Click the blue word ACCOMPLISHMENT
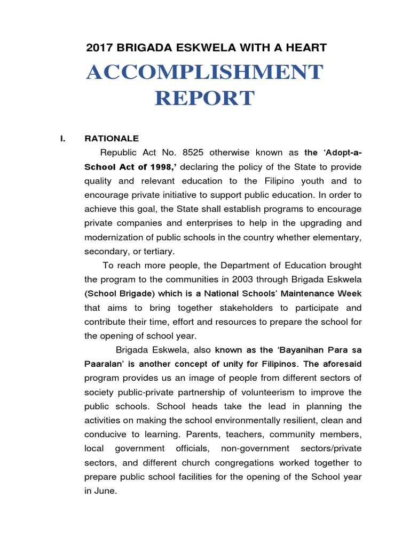pos(204,73)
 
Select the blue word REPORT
pos(204,99)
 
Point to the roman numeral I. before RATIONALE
pos(63,139)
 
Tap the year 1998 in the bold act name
pos(149,166)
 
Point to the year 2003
pos(248,279)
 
